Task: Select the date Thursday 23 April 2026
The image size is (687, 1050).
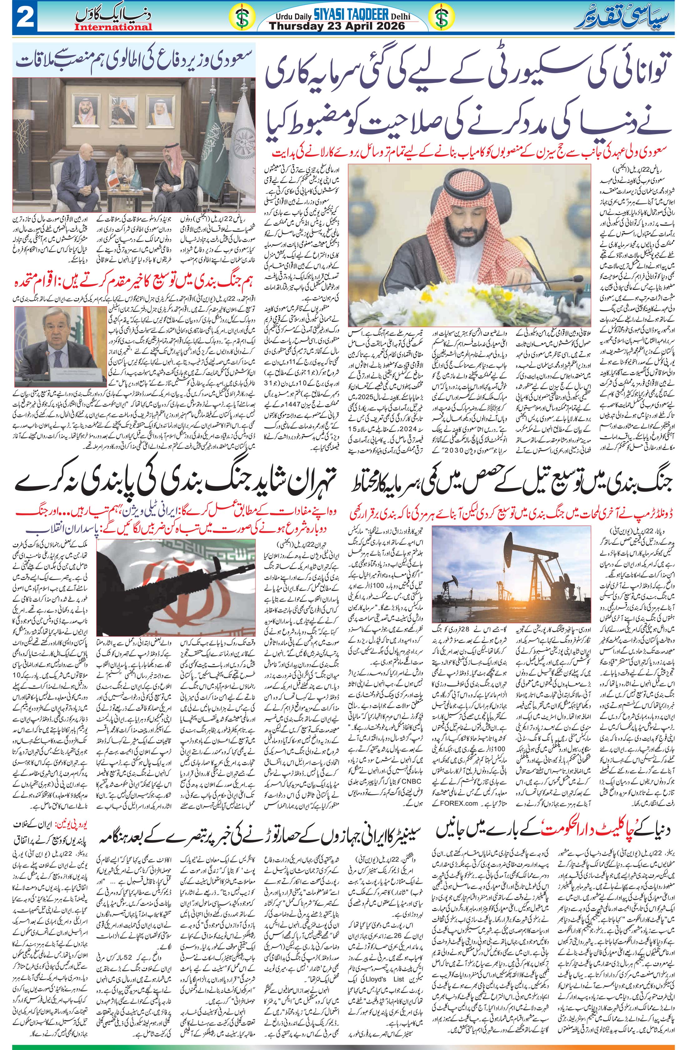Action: [x=337, y=26]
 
